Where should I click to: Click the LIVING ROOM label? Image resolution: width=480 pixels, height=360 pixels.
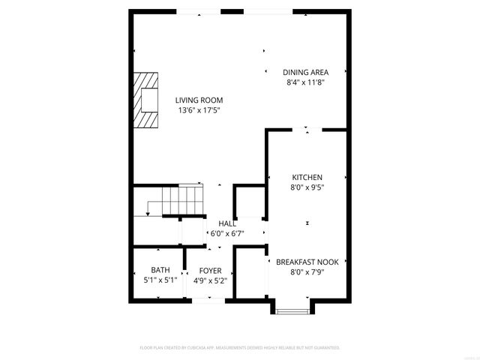199,100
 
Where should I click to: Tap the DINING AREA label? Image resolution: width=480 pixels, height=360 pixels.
305,72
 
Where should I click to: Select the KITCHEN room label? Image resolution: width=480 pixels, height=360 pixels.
307,178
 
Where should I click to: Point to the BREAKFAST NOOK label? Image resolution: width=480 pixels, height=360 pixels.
307,262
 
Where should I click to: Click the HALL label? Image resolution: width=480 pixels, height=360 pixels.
227,223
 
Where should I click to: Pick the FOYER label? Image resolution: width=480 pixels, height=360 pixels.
210,270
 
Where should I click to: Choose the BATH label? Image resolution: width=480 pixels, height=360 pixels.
160,270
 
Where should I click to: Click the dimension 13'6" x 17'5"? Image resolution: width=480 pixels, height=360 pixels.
199,110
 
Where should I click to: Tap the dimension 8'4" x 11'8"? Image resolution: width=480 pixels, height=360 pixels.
305,82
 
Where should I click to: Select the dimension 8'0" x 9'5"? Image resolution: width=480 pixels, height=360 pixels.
307,187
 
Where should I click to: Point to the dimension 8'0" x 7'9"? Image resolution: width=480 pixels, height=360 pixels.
307,272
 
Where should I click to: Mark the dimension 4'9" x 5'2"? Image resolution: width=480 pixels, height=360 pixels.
210,280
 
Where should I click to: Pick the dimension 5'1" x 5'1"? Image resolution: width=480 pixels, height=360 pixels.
160,280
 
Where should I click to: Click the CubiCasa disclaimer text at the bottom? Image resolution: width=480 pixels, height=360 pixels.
240,348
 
